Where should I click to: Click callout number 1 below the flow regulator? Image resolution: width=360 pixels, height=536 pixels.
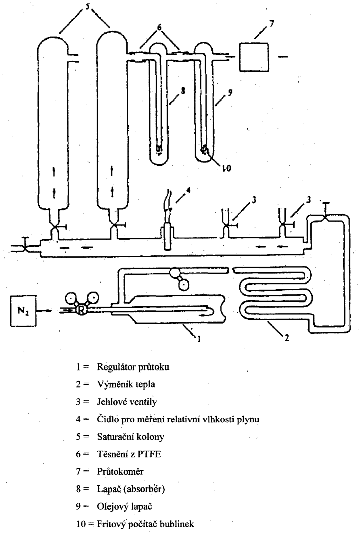coord(198,338)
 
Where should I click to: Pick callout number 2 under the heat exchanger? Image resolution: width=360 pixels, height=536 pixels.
coord(287,338)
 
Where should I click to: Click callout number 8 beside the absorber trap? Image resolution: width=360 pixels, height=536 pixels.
coord(183,91)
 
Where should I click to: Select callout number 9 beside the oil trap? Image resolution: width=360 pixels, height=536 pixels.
coord(230,92)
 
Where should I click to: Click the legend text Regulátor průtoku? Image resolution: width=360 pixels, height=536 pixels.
coord(133,367)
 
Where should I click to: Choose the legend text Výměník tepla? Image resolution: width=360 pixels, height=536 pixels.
coord(126,384)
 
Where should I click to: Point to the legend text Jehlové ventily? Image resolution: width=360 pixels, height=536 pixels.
coord(127,402)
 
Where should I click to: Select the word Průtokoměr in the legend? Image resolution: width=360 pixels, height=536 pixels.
coord(120,471)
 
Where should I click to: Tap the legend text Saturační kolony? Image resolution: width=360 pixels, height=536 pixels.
coord(130,437)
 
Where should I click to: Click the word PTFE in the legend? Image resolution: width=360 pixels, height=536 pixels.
coord(149,454)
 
